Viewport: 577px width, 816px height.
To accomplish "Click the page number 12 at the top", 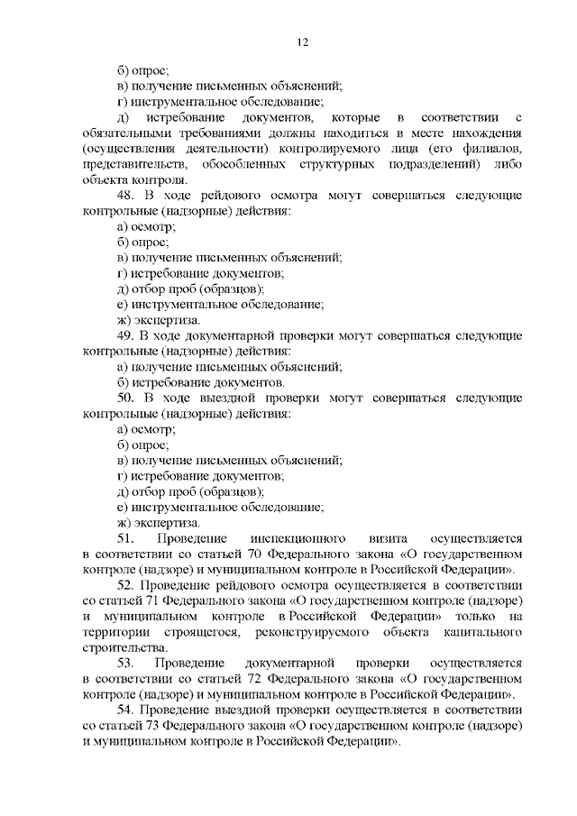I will (x=303, y=42).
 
